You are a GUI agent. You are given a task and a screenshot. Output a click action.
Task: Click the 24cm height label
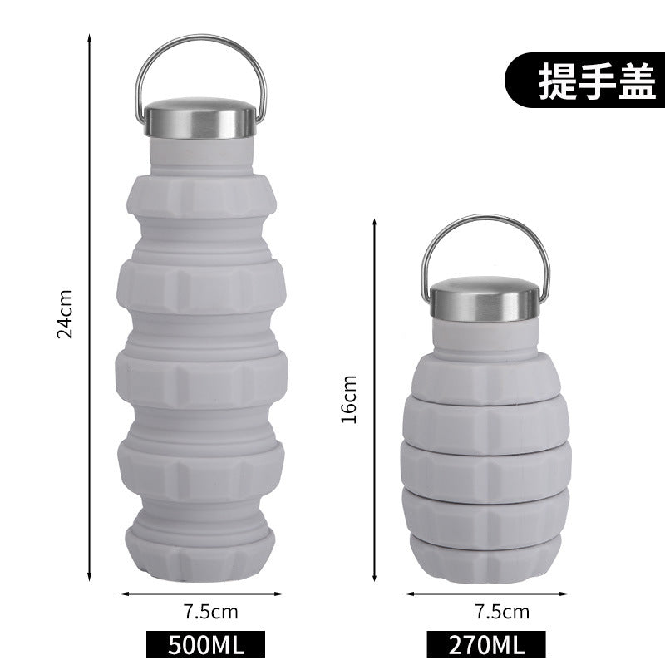[65, 314]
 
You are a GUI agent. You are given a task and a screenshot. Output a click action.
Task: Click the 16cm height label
[349, 400]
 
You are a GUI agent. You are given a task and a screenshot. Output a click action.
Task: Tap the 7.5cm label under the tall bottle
[211, 612]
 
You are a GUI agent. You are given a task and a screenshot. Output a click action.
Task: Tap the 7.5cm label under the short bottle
[502, 612]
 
